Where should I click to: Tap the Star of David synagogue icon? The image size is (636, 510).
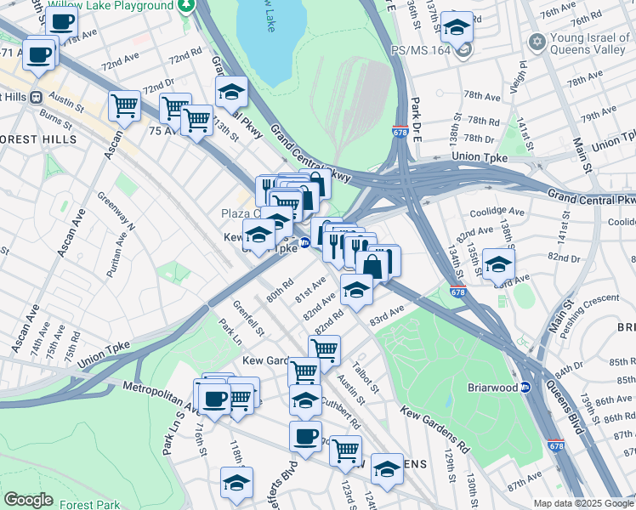[x=537, y=42]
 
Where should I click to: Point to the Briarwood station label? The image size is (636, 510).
[x=492, y=388]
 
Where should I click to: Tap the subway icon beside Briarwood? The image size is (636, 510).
[x=525, y=388]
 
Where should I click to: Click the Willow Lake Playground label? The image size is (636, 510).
[x=111, y=6]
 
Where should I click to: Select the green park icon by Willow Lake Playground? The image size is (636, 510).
[x=186, y=5]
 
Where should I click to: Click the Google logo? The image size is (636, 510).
[x=28, y=500]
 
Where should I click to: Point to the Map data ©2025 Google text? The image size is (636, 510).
[x=584, y=503]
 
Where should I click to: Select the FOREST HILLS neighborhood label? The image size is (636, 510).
[x=38, y=139]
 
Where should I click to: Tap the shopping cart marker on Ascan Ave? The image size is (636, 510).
[x=124, y=106]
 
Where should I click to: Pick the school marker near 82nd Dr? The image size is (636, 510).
[x=498, y=263]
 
